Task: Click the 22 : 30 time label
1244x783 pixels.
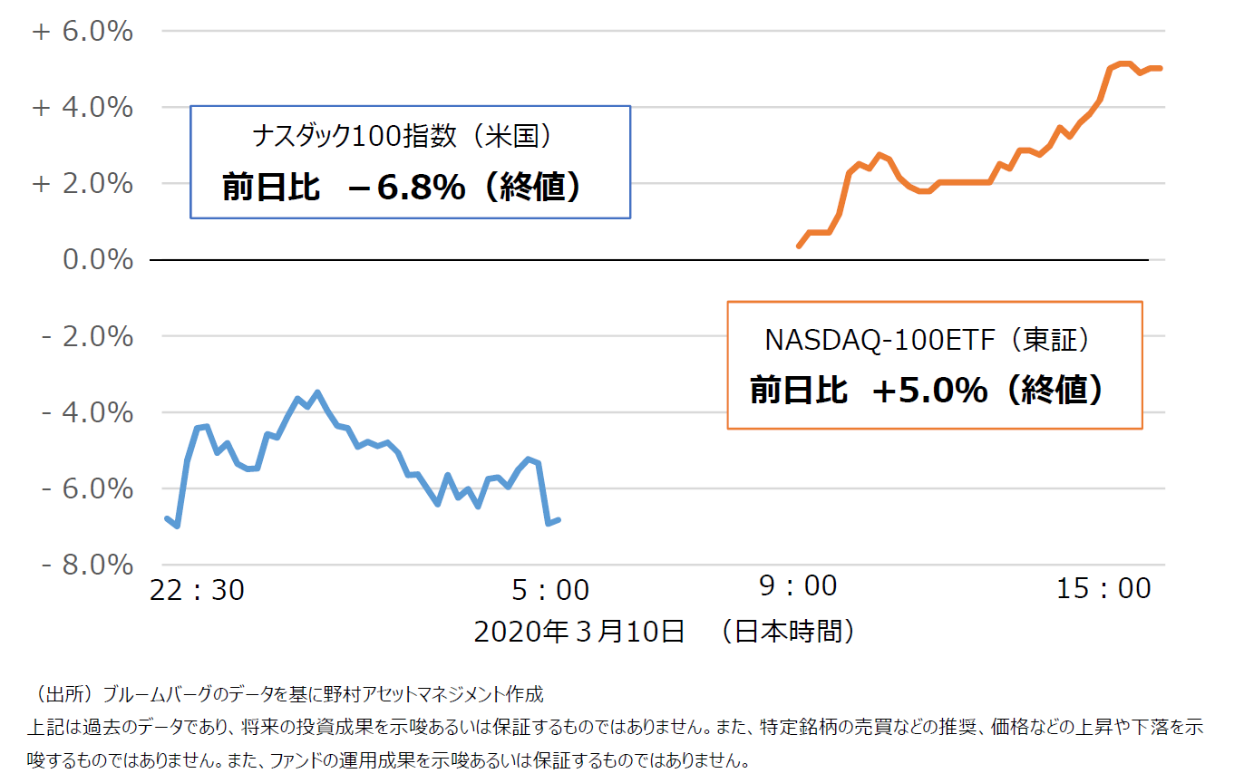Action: coord(197,590)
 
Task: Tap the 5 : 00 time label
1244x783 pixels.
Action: coord(550,591)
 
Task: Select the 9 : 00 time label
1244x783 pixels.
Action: coord(798,586)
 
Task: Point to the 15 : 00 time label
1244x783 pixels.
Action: coord(1103,589)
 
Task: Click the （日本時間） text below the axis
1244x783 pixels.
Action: coord(787,631)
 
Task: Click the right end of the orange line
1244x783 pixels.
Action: coord(1161,68)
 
